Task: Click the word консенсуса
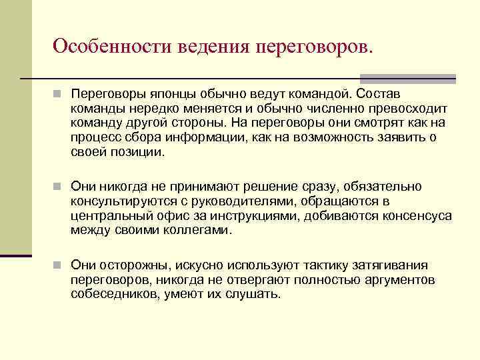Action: click(416, 216)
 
